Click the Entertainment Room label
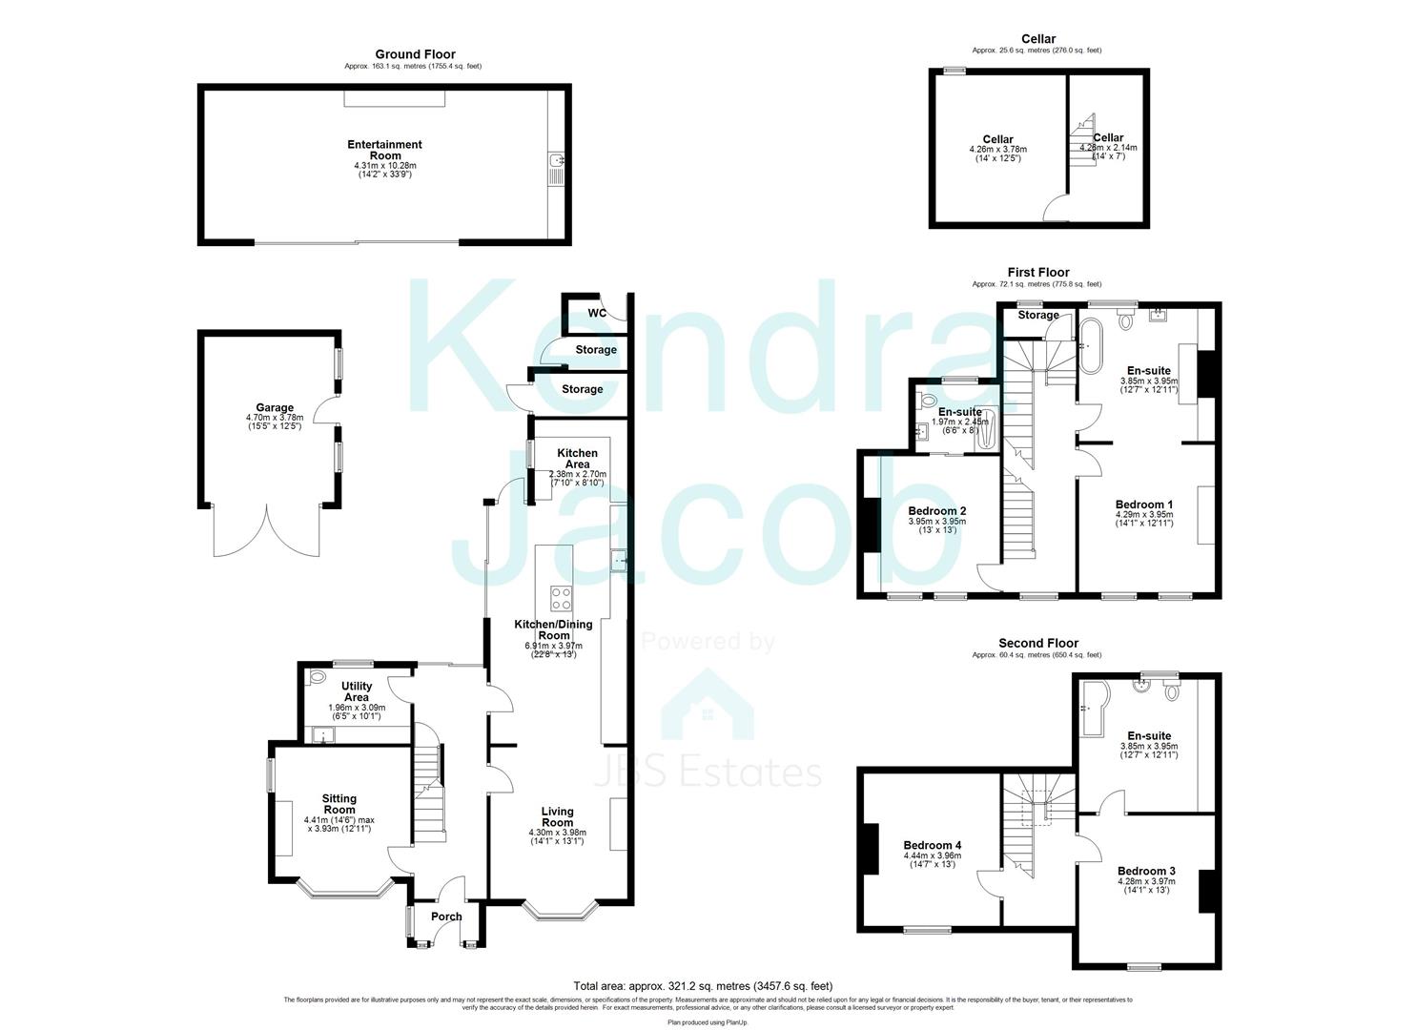[x=384, y=150]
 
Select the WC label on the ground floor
[x=597, y=313]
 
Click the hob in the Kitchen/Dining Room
[x=561, y=599]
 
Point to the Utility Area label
[x=356, y=691]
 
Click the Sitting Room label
[x=339, y=804]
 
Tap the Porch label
[x=446, y=917]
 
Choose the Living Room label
[x=557, y=816]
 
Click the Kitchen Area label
[x=577, y=459]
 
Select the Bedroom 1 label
[x=1144, y=505]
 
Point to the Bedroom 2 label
[x=936, y=511]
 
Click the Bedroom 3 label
[x=1146, y=871]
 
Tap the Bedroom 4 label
[x=932, y=845]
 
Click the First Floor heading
[x=1038, y=273]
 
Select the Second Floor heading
[x=1038, y=644]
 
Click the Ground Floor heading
[x=415, y=54]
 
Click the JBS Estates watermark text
[x=708, y=771]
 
